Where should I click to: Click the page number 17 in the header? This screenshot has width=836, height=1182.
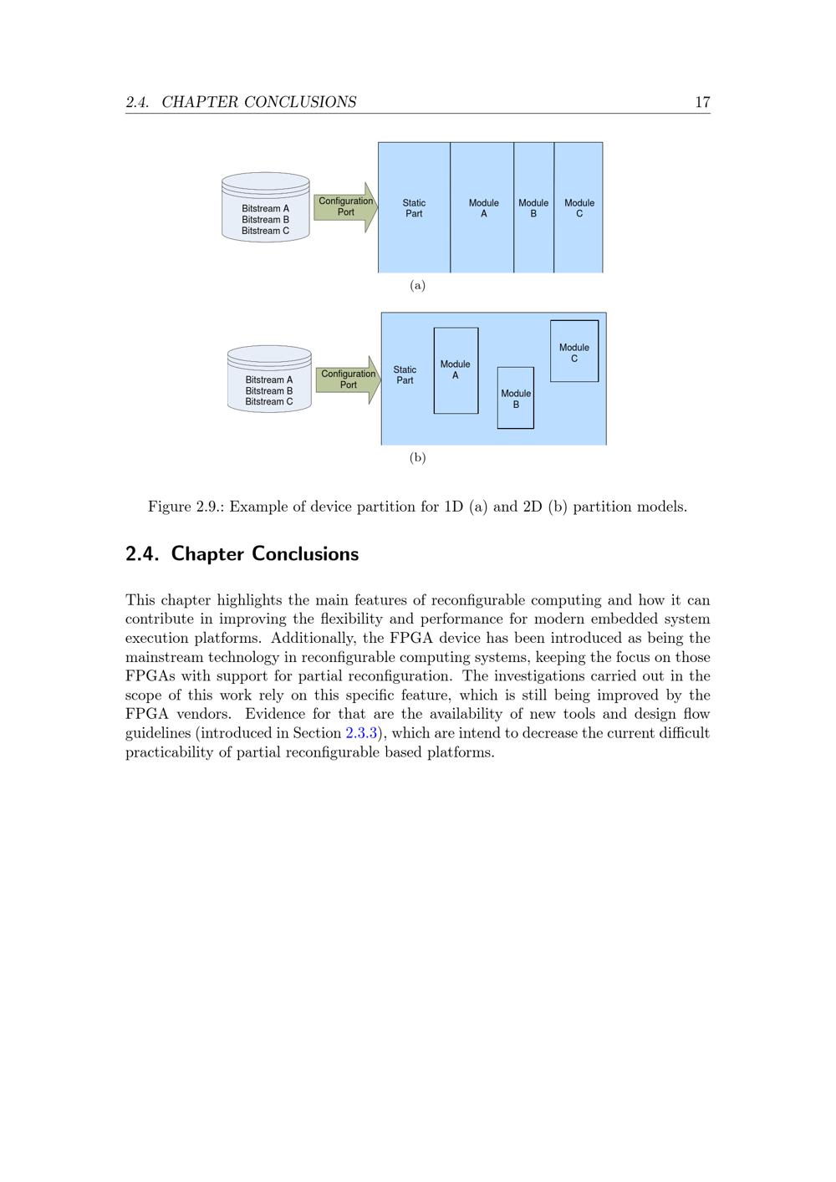coord(702,102)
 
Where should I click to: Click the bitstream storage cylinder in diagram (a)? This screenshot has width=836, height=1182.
coord(266,207)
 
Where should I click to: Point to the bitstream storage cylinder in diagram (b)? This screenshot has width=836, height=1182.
coord(269,380)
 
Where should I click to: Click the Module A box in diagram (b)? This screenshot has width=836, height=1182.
coord(456,370)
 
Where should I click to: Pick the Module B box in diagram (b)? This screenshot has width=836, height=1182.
coord(516,398)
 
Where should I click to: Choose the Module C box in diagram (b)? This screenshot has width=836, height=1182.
coord(574,351)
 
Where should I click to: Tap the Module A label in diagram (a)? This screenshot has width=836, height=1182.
coord(483,208)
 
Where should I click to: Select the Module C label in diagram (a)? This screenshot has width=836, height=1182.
coord(579,208)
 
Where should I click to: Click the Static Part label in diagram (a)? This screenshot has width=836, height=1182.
coord(414,208)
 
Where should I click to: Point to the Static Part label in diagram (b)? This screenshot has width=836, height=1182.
coord(405,375)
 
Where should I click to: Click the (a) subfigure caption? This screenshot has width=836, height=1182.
coord(418,286)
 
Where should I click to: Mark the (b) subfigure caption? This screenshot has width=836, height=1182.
coord(418,458)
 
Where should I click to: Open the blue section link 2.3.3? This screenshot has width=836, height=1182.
coord(362,733)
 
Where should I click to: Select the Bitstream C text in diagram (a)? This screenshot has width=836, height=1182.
coord(266,231)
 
